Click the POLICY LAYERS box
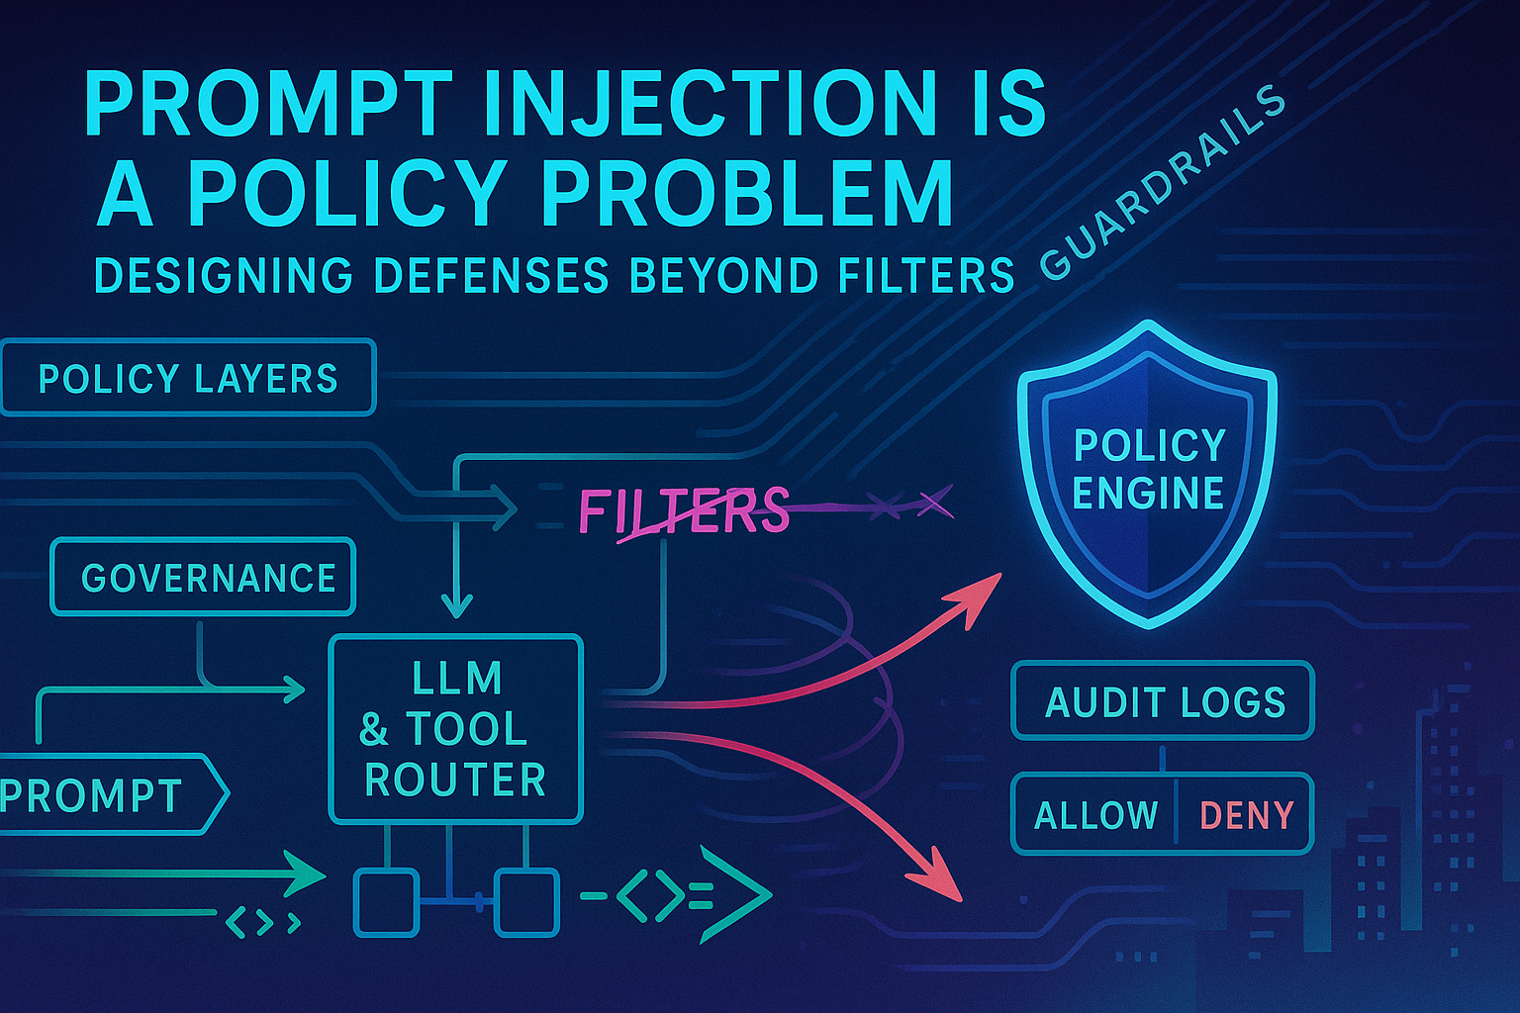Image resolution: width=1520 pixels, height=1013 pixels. (x=188, y=378)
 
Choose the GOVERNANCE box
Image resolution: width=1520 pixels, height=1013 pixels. (x=203, y=578)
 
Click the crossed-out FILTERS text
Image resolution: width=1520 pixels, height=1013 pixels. (x=683, y=511)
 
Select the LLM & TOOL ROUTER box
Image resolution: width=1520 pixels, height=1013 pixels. (x=455, y=729)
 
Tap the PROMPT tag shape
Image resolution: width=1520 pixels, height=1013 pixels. (x=109, y=794)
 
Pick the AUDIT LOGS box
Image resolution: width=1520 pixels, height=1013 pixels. (x=1164, y=701)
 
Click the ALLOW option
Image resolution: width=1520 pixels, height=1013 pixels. (x=1095, y=815)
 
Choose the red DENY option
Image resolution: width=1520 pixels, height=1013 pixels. (x=1246, y=815)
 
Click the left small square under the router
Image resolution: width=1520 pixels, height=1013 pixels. (x=387, y=901)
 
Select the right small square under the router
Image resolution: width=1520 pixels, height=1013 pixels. (x=526, y=901)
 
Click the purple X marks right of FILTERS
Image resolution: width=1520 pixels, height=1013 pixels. (x=910, y=505)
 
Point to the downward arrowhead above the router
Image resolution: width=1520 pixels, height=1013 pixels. (x=456, y=603)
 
